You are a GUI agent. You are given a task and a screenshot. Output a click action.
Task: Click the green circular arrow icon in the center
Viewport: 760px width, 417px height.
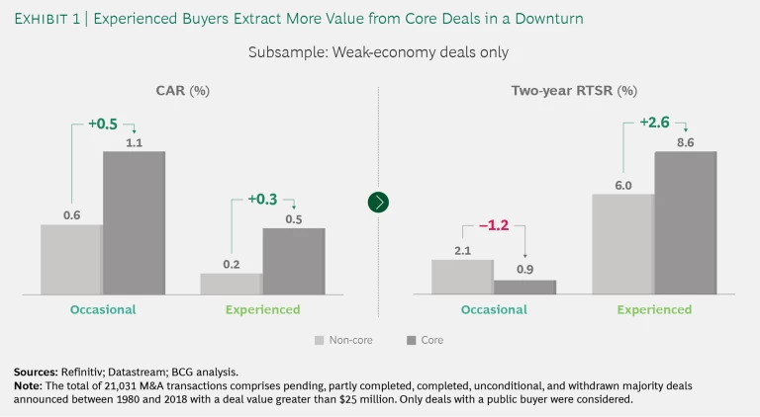(x=378, y=202)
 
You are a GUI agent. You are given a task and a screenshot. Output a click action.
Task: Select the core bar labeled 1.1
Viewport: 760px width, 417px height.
(x=134, y=222)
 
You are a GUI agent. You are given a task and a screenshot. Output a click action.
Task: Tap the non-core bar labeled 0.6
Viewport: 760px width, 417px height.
(x=71, y=259)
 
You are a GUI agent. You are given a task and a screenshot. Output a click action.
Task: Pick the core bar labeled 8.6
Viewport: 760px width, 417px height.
(x=685, y=222)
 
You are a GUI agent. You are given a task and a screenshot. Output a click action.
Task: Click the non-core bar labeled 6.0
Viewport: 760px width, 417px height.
(x=622, y=243)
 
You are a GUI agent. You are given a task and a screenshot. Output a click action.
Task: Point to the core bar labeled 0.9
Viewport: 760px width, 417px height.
(x=524, y=287)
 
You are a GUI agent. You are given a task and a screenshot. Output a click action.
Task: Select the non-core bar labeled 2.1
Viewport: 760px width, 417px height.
(x=462, y=277)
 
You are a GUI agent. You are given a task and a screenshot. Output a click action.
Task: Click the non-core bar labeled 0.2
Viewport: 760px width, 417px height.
(x=231, y=284)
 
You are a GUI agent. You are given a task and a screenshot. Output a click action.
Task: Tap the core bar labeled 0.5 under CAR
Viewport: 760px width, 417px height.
(x=293, y=261)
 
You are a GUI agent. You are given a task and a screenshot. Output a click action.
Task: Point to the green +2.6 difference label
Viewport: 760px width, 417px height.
(x=653, y=123)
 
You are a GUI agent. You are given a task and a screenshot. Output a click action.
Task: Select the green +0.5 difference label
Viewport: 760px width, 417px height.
(x=103, y=124)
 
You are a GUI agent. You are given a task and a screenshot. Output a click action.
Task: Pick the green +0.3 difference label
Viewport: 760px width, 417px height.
(x=261, y=201)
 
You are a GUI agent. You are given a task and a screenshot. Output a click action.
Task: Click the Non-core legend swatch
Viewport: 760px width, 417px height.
(x=320, y=340)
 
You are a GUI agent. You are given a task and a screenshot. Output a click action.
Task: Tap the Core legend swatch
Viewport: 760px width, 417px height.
(x=412, y=340)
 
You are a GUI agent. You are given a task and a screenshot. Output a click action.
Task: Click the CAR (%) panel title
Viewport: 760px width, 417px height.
(x=182, y=91)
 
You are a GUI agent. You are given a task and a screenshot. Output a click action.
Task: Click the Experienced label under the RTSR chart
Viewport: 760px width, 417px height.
(x=654, y=309)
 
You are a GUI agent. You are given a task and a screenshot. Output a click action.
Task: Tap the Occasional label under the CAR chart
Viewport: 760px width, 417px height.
(x=103, y=309)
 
